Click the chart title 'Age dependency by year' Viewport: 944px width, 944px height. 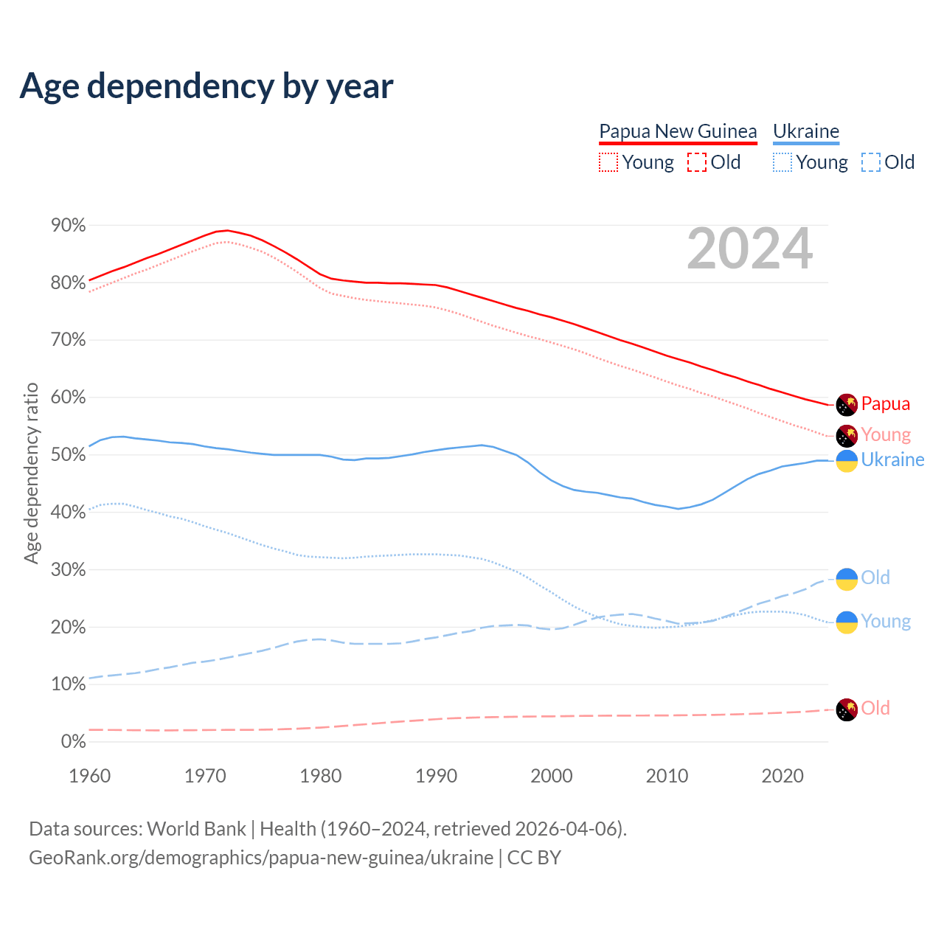pos(206,86)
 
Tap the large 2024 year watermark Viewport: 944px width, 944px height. pos(749,249)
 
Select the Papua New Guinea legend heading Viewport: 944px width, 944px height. pos(678,131)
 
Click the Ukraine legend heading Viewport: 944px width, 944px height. pos(806,131)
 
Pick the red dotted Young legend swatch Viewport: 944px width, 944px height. pos(608,162)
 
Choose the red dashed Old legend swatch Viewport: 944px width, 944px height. pos(696,162)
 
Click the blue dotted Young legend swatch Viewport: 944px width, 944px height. pos(782,162)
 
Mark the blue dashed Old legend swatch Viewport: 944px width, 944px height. pos(871,162)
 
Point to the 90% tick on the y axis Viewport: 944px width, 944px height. pos(69,225)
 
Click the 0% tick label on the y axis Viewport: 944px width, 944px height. pos(73,741)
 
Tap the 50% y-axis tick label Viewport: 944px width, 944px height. pos(69,454)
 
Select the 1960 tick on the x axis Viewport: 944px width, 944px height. pos(89,776)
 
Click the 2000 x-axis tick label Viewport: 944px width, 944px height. pos(552,776)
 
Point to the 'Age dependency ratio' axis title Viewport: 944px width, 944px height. pos(31,473)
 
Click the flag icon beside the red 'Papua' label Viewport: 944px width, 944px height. pos(847,404)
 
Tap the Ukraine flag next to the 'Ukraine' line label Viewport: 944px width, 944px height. pos(847,461)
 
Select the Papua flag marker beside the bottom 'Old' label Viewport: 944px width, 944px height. pos(847,709)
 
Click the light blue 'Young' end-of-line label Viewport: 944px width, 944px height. pos(886,621)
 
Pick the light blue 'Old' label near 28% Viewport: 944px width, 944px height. pos(875,577)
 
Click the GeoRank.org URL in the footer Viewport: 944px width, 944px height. pos(261,858)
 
